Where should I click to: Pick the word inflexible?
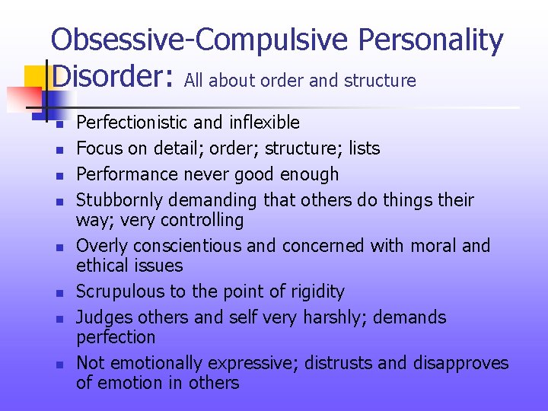click(x=261, y=123)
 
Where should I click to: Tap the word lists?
click(x=364, y=148)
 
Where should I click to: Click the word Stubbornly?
click(x=119, y=200)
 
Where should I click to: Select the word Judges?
click(x=104, y=317)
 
